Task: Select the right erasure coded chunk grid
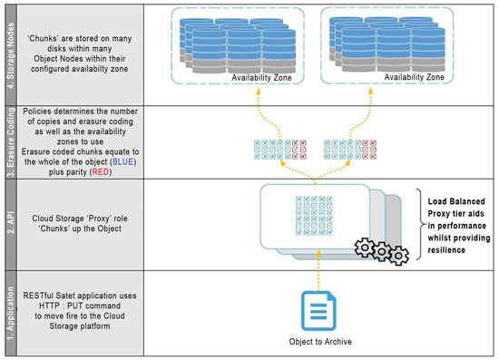[x=347, y=149]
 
